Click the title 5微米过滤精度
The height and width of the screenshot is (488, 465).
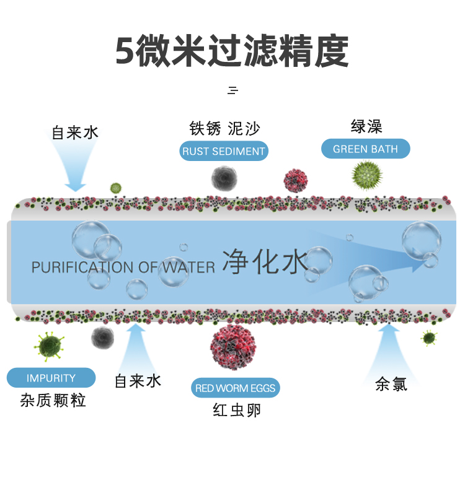coord(232,51)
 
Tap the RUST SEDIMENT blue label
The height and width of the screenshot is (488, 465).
coord(224,151)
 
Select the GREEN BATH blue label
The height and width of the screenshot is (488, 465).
coord(365,149)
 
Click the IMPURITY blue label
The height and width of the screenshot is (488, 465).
coord(51,378)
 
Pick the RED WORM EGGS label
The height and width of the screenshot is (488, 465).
coord(236,388)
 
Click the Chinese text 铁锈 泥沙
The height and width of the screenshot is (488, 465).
coord(224,129)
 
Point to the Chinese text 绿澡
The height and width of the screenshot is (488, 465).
coord(366,127)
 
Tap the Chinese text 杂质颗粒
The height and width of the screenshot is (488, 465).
coord(53,401)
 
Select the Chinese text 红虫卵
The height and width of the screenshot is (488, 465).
coord(237,410)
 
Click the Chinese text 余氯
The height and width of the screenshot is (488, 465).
coord(391,385)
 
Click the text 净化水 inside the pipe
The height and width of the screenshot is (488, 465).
coord(265,262)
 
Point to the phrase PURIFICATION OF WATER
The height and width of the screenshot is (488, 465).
coord(123,268)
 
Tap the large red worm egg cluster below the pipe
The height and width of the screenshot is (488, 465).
coord(232,347)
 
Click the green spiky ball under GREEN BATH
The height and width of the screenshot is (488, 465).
coord(366,174)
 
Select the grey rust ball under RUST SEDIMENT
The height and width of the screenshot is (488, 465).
coord(224,178)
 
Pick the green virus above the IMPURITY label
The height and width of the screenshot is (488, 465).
coord(50,345)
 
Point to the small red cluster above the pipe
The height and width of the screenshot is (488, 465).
coord(296,180)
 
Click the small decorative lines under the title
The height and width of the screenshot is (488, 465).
coord(232,90)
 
